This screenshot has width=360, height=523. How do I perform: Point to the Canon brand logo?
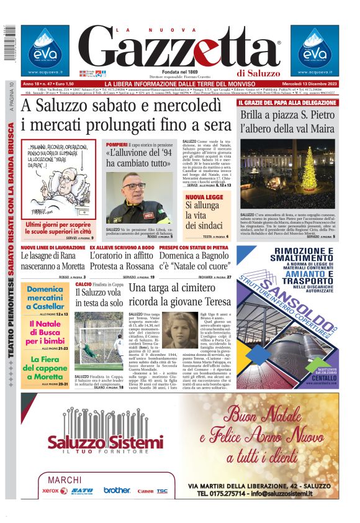(x=145, y=491)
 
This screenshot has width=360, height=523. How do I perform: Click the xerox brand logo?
(x=54, y=490)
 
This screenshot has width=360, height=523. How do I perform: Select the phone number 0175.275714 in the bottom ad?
(x=233, y=493)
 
